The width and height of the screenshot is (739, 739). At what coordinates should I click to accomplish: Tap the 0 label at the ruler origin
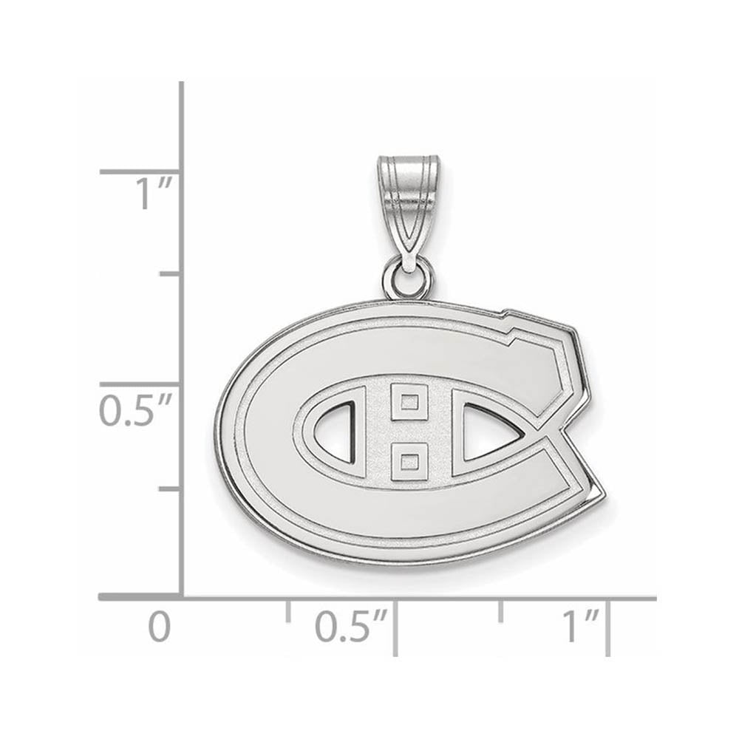click(x=159, y=627)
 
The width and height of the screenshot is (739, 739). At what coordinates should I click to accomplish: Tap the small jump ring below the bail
click(x=407, y=280)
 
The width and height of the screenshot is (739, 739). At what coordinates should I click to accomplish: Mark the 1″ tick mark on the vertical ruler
click(x=140, y=171)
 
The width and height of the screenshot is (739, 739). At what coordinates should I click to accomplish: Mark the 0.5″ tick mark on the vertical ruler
click(x=140, y=384)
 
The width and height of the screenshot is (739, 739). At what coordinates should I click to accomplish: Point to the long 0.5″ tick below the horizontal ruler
click(x=396, y=628)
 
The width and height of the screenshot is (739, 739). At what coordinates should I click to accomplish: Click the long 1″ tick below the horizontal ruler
click(x=608, y=628)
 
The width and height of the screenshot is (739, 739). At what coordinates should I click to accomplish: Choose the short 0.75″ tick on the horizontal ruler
click(x=502, y=610)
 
